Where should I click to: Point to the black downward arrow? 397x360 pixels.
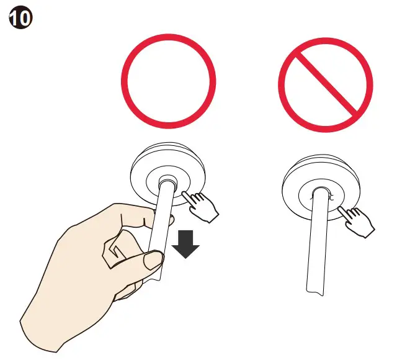185,243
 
